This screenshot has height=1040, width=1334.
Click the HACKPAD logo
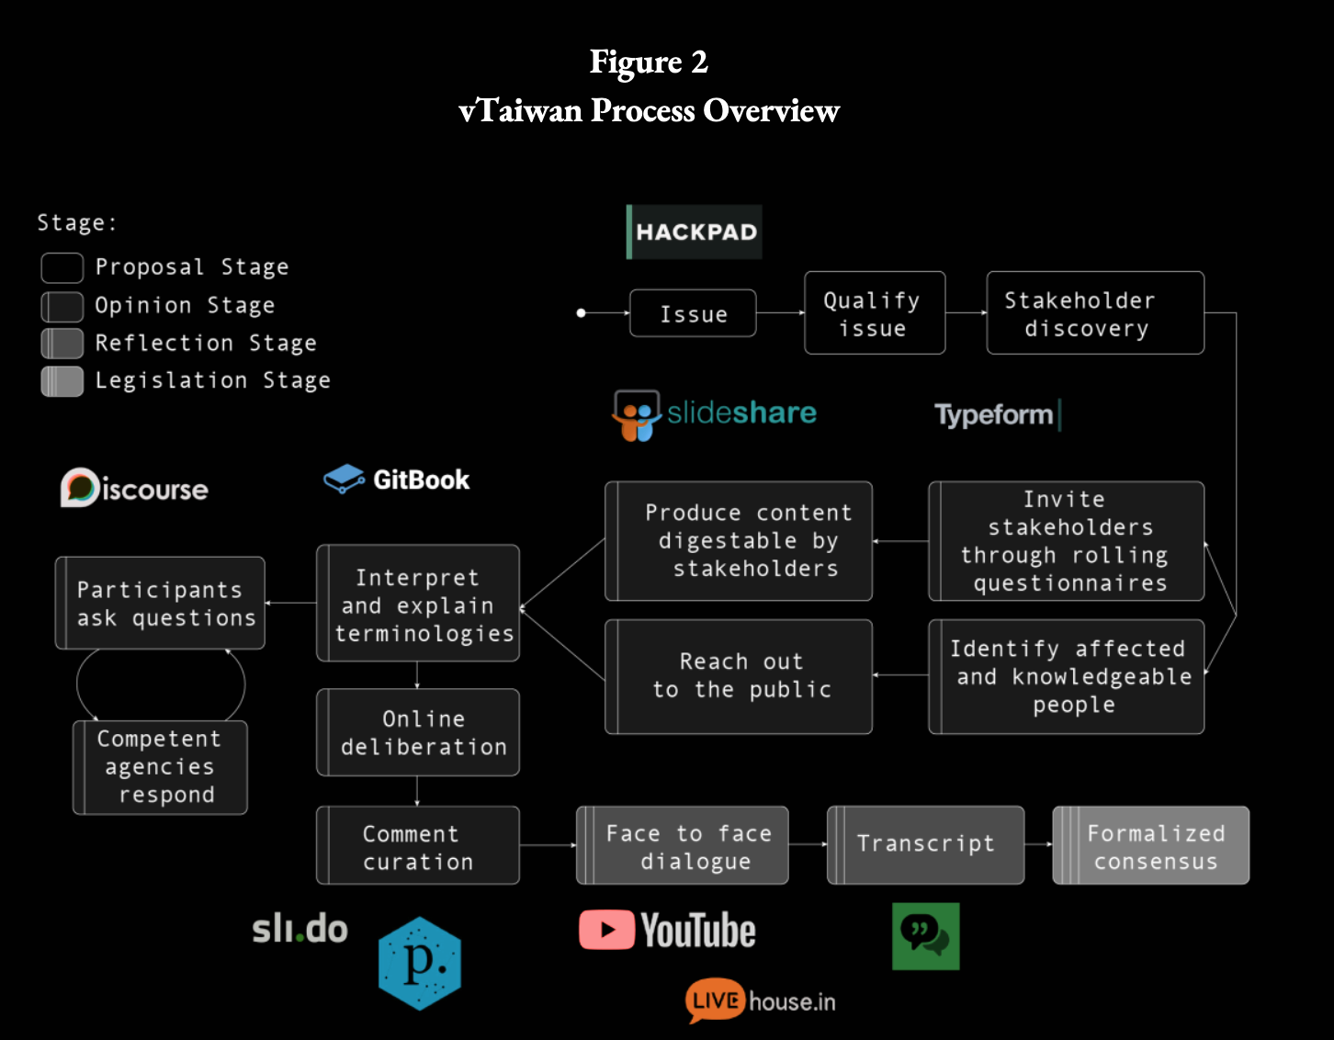click(x=695, y=232)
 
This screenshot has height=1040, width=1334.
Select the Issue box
click(x=693, y=313)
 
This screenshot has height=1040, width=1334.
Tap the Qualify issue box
click(x=874, y=313)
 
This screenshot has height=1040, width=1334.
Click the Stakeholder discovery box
click(x=1094, y=313)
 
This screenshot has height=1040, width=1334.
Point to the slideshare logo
click(x=715, y=414)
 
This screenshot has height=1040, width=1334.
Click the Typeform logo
click(x=997, y=415)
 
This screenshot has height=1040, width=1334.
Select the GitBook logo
click(x=397, y=480)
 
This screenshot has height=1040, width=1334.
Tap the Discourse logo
click(x=135, y=488)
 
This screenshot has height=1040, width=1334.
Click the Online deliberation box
click(x=418, y=732)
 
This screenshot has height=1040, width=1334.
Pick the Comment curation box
click(x=418, y=846)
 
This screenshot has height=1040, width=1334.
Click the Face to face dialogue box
click(x=682, y=846)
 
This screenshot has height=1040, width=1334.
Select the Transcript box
click(x=925, y=844)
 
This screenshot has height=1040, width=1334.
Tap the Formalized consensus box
click(x=1150, y=846)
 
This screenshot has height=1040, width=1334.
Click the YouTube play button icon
click(x=606, y=930)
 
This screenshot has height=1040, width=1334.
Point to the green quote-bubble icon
click(x=925, y=935)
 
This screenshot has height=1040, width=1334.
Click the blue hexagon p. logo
click(x=419, y=963)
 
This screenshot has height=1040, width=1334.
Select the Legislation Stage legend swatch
click(x=62, y=381)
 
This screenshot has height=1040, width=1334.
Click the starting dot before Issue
click(x=581, y=313)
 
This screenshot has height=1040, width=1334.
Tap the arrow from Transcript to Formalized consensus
click(x=1038, y=844)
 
